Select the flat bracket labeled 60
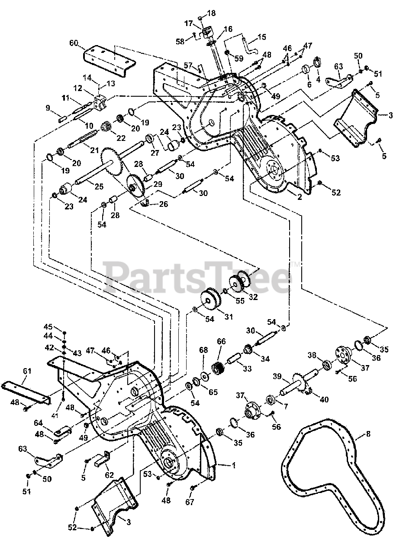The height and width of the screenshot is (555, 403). click(109, 60)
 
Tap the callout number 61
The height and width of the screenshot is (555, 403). click(27, 371)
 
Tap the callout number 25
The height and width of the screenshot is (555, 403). click(99, 186)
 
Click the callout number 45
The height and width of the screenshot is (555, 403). click(48, 326)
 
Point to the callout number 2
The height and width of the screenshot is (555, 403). click(300, 197)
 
